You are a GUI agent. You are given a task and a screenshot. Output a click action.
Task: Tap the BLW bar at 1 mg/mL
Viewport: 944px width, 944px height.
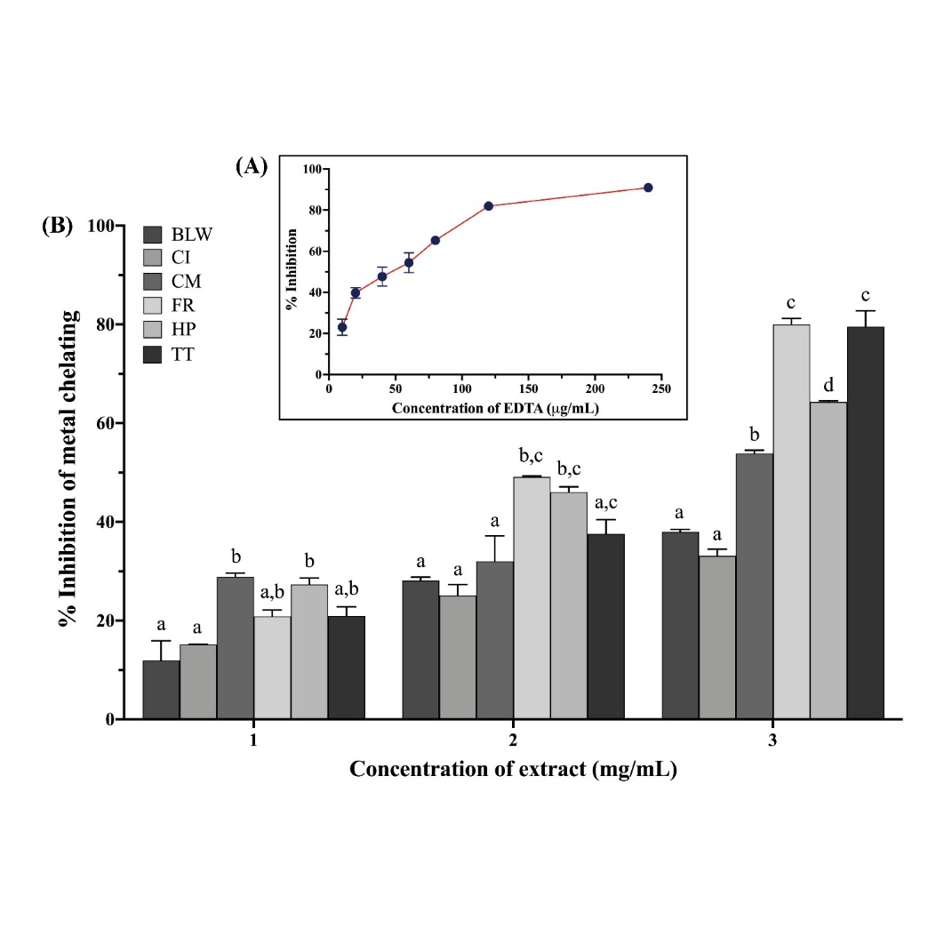[x=162, y=689]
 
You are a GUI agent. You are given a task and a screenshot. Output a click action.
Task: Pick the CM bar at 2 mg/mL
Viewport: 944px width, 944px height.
[x=495, y=640]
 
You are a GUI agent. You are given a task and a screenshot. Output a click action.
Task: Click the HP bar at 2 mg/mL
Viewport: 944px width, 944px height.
[x=569, y=605]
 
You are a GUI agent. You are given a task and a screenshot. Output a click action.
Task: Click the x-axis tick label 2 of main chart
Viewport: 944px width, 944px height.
[x=513, y=740]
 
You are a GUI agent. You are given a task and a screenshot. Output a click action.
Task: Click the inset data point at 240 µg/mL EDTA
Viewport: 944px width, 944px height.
[x=648, y=188]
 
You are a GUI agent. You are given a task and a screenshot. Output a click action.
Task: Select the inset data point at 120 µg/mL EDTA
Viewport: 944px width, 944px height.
[x=489, y=206]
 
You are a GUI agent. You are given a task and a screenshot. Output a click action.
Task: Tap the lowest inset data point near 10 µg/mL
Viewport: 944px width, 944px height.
[x=342, y=327]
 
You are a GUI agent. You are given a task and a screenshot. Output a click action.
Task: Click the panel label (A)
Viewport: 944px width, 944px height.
[x=252, y=165]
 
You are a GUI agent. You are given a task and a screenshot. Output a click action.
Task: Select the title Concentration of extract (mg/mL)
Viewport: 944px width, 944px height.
[x=513, y=770]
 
